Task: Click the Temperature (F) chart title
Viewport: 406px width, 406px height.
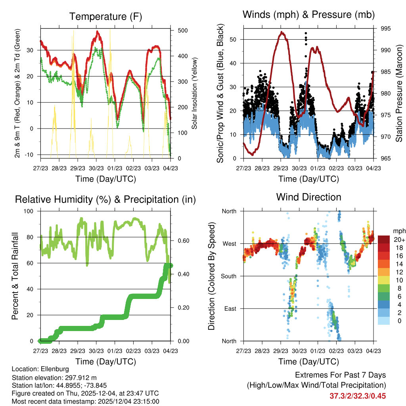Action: tap(105, 17)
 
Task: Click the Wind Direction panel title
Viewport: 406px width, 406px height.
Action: tap(308, 197)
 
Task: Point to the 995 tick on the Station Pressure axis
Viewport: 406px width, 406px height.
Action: tap(386, 29)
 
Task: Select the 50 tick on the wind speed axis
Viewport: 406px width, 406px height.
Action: tap(233, 39)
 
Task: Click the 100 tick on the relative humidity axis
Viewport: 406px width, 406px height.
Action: tap(30, 211)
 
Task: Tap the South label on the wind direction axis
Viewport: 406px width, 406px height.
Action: tap(229, 276)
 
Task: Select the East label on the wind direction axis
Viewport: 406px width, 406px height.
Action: tap(230, 308)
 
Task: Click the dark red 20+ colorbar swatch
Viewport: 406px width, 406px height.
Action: tap(385, 239)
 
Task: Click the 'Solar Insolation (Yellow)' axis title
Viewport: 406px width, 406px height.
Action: tap(195, 94)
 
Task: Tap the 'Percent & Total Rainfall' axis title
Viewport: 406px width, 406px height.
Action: tap(15, 276)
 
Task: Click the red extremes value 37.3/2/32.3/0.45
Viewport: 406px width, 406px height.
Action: tap(358, 396)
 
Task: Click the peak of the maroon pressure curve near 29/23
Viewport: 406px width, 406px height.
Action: tap(282, 33)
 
